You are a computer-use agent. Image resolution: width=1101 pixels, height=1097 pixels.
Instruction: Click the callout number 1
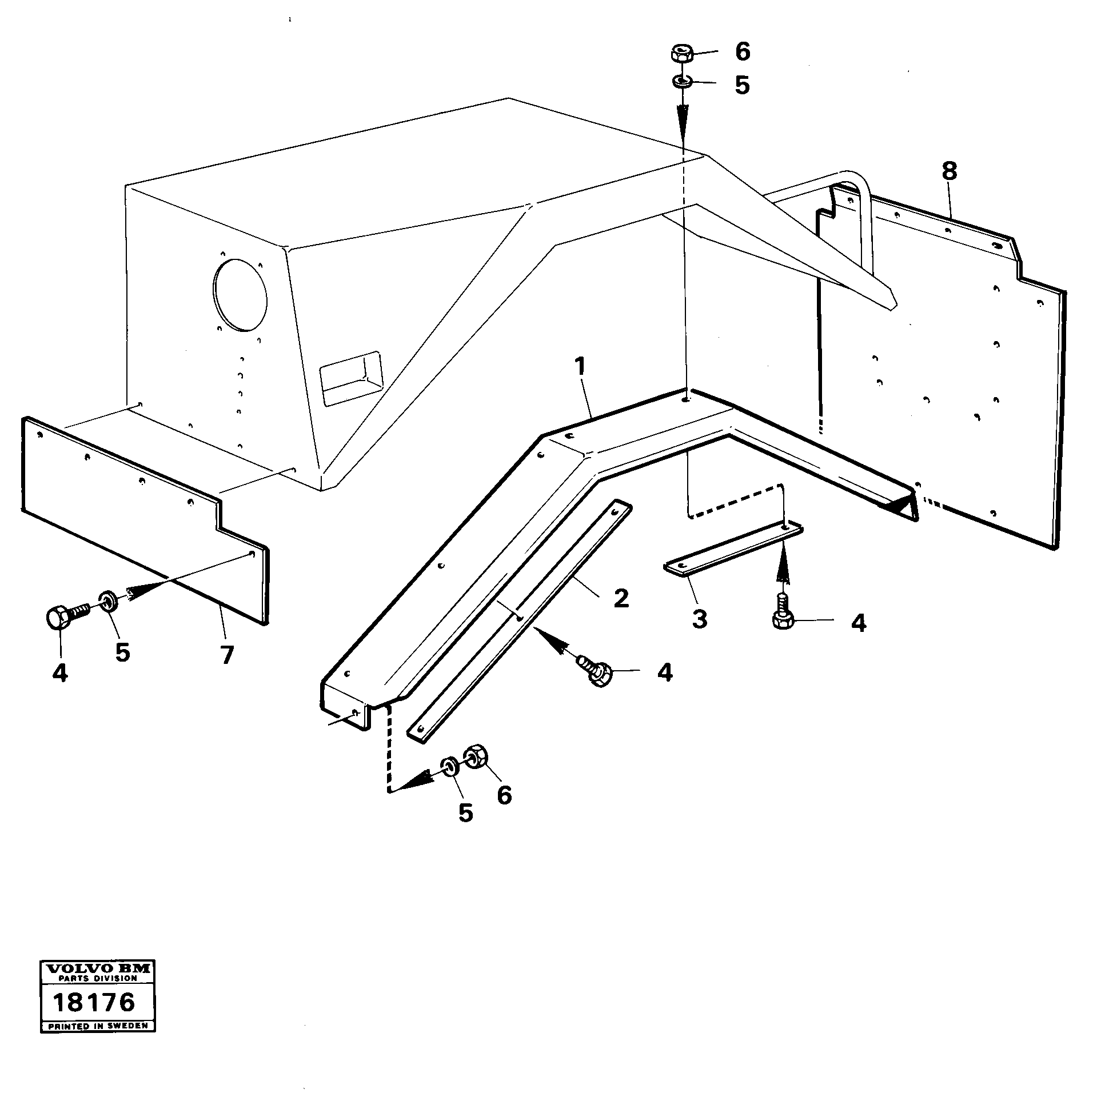[x=580, y=367]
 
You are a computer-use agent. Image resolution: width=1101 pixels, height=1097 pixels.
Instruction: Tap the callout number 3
[x=699, y=618]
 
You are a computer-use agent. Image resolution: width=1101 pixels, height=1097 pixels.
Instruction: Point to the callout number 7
[x=227, y=655]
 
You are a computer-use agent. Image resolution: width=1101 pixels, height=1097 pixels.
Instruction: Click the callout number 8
[x=949, y=171]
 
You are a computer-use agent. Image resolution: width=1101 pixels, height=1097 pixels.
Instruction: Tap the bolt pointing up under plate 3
[x=783, y=614]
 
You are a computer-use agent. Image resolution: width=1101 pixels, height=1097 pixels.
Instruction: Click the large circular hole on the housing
[x=240, y=295]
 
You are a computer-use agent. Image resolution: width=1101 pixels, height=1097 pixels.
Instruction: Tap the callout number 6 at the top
[x=742, y=51]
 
